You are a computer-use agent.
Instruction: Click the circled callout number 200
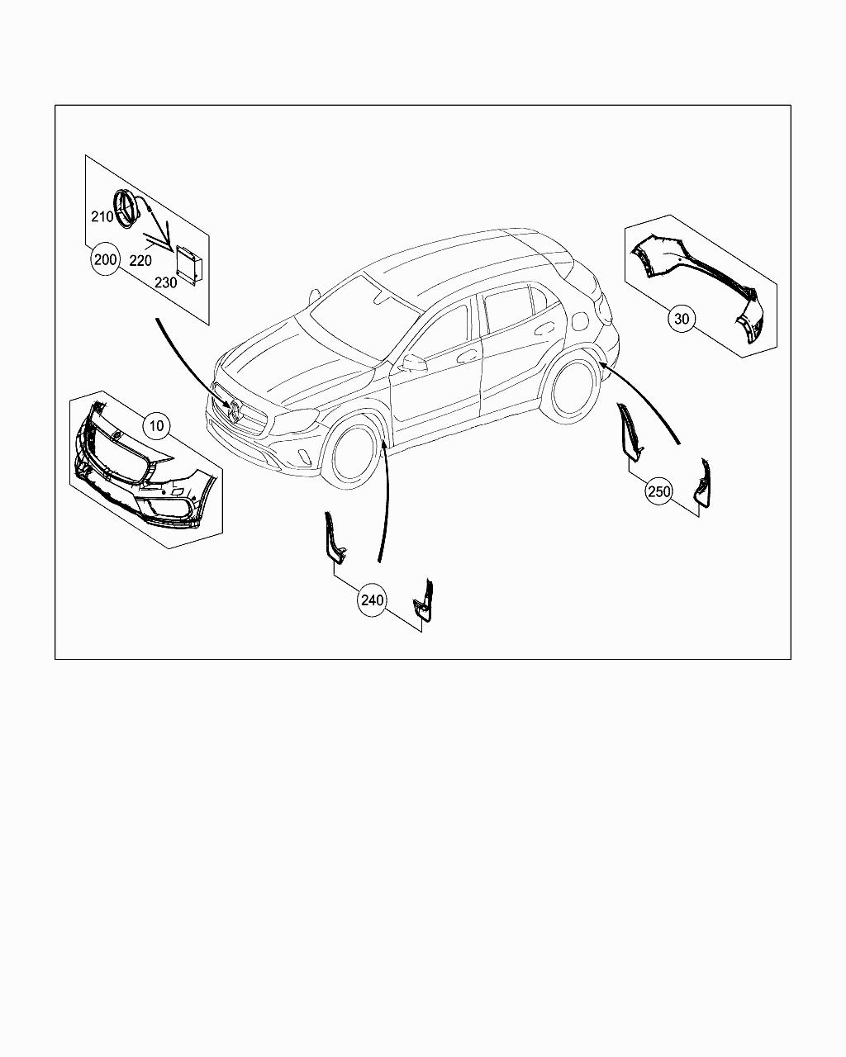click(105, 259)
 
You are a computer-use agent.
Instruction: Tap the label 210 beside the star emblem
click(102, 216)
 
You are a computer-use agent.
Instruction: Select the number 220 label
click(140, 261)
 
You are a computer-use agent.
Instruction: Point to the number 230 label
click(166, 283)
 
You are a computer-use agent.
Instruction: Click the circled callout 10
click(156, 425)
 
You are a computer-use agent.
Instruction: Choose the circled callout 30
click(682, 319)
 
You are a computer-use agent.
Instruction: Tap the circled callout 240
click(372, 600)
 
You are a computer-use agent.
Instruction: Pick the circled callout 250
click(659, 491)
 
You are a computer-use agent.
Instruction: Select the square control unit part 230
click(188, 263)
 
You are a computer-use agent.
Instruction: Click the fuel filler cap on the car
click(580, 321)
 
